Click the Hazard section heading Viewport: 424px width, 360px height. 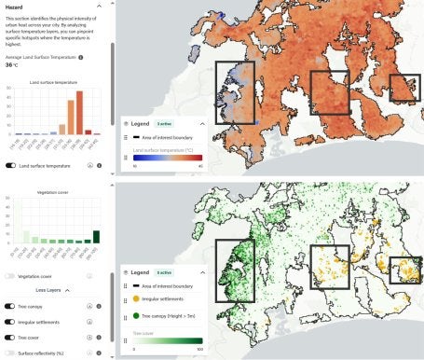(x=14, y=6)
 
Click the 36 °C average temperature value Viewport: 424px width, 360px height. (x=11, y=64)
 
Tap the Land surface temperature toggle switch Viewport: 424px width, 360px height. (x=10, y=165)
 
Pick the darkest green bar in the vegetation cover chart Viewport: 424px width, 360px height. (x=96, y=236)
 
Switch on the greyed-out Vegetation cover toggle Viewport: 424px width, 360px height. (x=10, y=276)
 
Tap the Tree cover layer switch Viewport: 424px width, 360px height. (x=10, y=338)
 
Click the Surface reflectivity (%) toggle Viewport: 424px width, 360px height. (x=10, y=353)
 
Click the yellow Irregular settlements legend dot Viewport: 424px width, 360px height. (x=137, y=298)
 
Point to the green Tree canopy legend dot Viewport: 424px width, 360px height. (x=137, y=315)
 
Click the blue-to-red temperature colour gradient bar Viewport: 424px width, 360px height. (x=168, y=158)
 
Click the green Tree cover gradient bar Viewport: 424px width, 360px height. (x=168, y=340)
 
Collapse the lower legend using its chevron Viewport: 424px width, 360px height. (x=202, y=271)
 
